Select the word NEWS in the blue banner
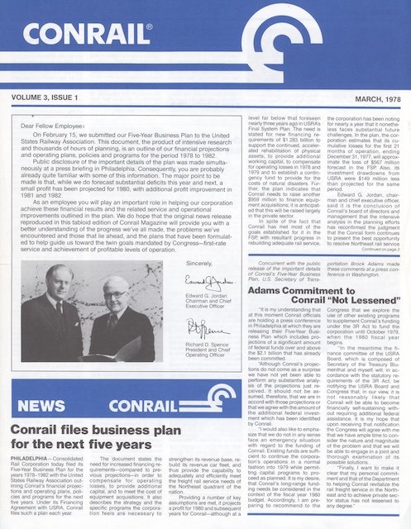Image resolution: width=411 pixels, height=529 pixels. pyautogui.click(x=48, y=406)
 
